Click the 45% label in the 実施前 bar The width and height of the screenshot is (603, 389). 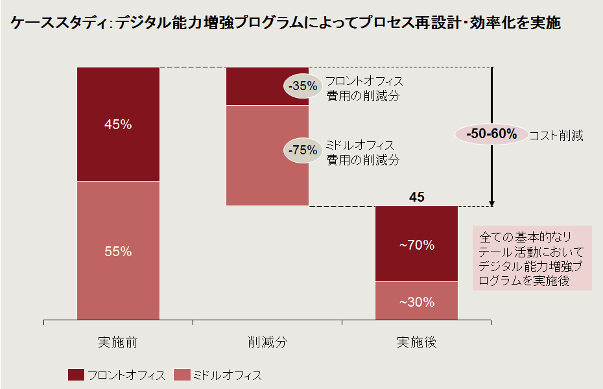[x=118, y=124]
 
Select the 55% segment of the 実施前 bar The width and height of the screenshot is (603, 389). [x=118, y=252]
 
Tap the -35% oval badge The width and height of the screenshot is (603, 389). [x=303, y=86]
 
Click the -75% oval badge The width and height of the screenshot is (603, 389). [x=303, y=150]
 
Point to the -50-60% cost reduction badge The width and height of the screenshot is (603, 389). [x=490, y=135]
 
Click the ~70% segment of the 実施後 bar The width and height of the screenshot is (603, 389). [x=416, y=245]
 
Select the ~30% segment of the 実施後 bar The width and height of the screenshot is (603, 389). [x=416, y=301]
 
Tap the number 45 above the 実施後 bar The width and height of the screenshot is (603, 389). [x=417, y=197]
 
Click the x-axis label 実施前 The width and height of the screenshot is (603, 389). [x=117, y=342]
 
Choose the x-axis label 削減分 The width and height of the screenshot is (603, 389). [x=267, y=342]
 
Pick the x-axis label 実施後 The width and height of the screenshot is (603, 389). [x=416, y=342]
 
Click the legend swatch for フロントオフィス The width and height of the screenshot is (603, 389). [x=76, y=375]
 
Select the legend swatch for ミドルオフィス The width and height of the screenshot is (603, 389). [x=181, y=375]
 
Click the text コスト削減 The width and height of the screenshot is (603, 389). [x=556, y=136]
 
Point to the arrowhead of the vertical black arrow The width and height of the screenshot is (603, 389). [x=492, y=203]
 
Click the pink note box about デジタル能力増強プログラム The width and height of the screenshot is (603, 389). [x=532, y=257]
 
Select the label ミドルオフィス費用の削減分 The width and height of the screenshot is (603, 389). [x=362, y=152]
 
